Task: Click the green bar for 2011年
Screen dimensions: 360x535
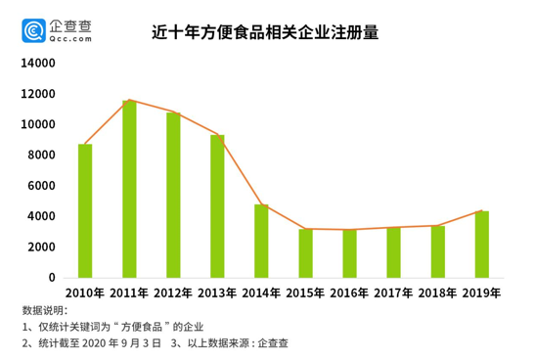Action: tap(129, 189)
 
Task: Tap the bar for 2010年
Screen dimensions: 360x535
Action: tap(85, 210)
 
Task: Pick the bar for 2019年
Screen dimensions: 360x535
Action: tap(482, 244)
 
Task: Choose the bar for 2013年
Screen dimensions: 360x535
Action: tap(217, 205)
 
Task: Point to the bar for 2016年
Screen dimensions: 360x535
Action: tap(350, 252)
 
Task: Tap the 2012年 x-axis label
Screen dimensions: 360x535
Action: tap(173, 292)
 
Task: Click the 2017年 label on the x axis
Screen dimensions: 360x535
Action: tap(393, 292)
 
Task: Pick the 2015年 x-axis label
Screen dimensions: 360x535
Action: tap(305, 292)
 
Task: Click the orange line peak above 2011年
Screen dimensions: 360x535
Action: tap(129, 100)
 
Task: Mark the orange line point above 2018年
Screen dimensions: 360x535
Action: tap(438, 225)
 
